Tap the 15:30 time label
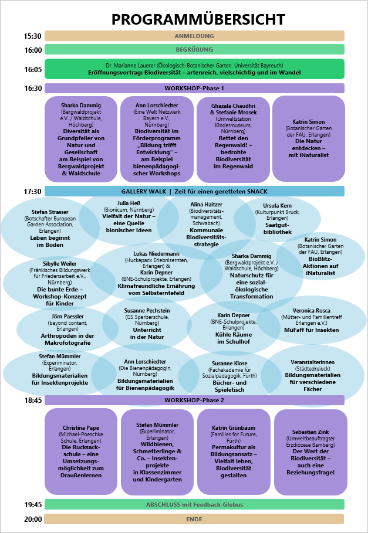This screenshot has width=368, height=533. (33, 36)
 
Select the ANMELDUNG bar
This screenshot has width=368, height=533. (194, 36)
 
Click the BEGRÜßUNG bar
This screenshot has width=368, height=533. (194, 50)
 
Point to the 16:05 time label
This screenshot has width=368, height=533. (33, 69)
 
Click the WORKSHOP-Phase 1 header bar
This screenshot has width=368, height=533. (194, 89)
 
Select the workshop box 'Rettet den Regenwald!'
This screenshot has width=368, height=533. (233, 139)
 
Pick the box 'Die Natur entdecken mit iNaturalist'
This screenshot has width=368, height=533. (309, 139)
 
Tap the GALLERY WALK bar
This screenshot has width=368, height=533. (194, 191)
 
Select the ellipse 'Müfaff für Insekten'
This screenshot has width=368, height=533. (308, 321)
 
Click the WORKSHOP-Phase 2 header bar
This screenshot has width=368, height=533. (194, 400)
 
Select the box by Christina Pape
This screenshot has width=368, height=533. (82, 451)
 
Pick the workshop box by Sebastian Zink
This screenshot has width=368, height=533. (309, 451)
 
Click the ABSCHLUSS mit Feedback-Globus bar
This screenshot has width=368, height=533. (194, 504)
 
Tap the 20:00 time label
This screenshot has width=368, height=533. (33, 519)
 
